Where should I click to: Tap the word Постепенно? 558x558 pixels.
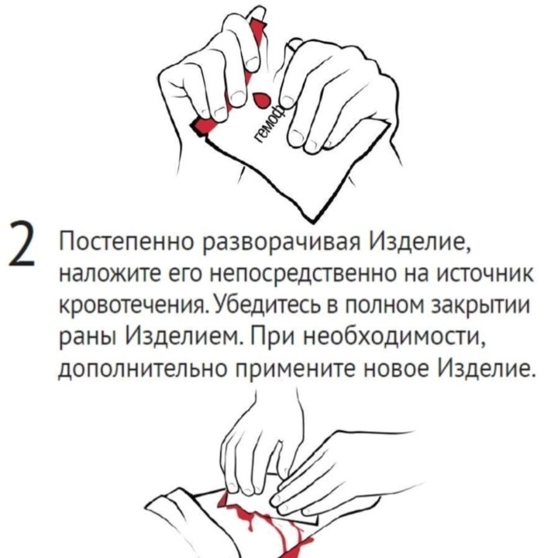[x=126, y=246]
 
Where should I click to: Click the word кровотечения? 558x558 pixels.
[x=128, y=307]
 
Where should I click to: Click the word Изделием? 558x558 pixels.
[x=181, y=336]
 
